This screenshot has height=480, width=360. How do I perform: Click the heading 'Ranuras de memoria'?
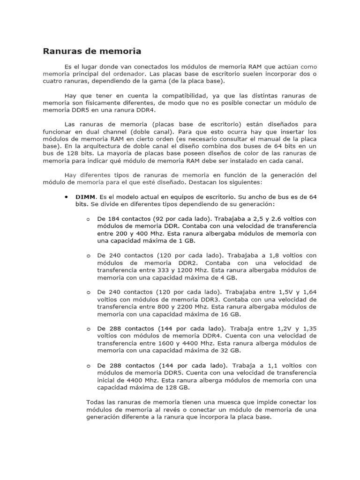pyautogui.click(x=92, y=51)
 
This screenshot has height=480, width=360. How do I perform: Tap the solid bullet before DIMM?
pyautogui.click(x=66, y=197)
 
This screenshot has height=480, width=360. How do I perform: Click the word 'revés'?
pyautogui.click(x=178, y=410)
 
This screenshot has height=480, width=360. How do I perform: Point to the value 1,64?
pyautogui.click(x=309, y=292)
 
